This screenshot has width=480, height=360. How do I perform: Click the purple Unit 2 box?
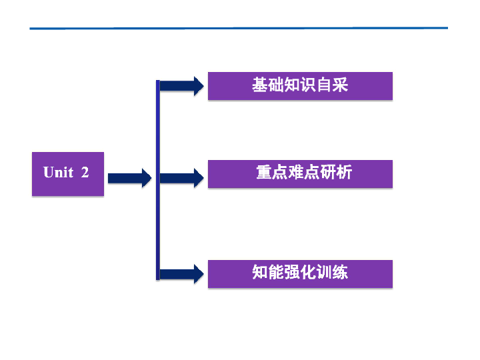tap(68, 174)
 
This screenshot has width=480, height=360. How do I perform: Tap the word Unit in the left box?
tap(58, 172)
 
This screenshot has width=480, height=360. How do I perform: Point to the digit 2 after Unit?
tap(85, 172)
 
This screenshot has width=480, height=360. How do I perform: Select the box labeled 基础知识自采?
tap(300, 86)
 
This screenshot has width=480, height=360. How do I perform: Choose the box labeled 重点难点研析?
tap(300, 173)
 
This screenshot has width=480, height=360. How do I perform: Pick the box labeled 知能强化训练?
tap(300, 273)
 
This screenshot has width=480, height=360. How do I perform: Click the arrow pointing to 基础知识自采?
tap(182, 86)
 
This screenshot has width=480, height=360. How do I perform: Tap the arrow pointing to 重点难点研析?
tap(182, 178)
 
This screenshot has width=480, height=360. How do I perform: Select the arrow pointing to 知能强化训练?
tap(182, 273)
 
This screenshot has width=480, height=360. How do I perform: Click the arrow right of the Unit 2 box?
tap(129, 178)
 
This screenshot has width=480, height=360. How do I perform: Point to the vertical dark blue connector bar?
tap(158, 180)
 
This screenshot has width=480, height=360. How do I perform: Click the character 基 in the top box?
tap(260, 85)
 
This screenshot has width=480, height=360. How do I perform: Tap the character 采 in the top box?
tap(341, 85)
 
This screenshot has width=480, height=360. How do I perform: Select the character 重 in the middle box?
tap(264, 173)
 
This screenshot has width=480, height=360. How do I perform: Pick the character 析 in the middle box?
tap(344, 173)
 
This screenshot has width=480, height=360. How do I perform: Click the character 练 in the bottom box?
tap(340, 273)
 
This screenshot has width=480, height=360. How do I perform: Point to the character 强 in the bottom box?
tap(292, 273)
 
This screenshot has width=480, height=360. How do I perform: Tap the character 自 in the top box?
tap(325, 85)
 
